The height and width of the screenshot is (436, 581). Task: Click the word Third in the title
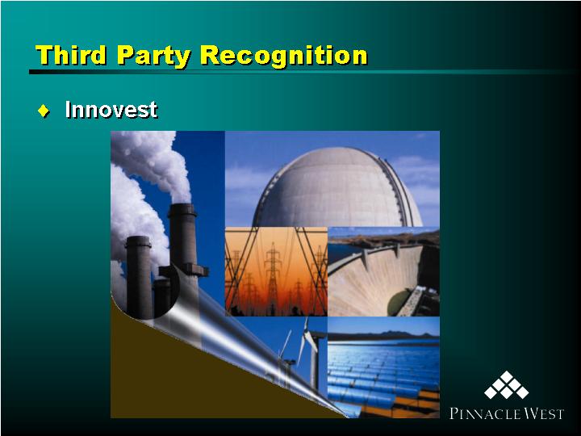click(x=71, y=55)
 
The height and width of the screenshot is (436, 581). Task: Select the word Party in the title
click(x=153, y=57)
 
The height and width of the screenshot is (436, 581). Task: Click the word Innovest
click(x=111, y=109)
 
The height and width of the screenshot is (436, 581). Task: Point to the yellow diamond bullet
click(x=44, y=111)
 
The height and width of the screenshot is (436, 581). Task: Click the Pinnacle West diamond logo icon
click(x=506, y=385)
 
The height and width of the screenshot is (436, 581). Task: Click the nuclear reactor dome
click(x=336, y=188)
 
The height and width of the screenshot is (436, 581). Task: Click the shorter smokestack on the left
click(x=139, y=276)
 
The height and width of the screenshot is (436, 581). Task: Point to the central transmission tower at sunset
click(x=273, y=275)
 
